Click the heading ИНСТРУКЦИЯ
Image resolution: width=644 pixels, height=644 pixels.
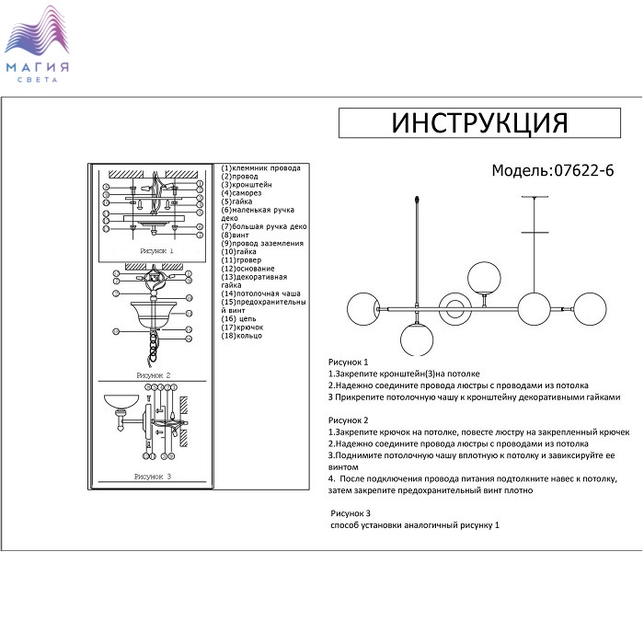coord(480,122)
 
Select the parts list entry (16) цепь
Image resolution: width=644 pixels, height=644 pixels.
coord(240,318)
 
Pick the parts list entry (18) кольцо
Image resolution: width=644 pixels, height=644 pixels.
coord(242,336)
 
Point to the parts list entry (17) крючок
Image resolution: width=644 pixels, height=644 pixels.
coord(243,328)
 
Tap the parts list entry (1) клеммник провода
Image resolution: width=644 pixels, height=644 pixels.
coord(261,168)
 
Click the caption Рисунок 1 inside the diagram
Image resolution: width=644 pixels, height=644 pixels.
coord(156,250)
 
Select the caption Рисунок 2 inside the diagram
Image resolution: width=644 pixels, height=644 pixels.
coord(154,375)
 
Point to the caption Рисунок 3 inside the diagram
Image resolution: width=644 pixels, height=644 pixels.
coord(153,477)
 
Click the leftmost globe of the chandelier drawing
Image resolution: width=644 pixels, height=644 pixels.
coord(361,309)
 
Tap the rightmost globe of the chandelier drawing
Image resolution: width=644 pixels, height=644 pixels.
coord(593,309)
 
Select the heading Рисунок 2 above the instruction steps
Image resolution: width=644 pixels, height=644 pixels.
coord(348,420)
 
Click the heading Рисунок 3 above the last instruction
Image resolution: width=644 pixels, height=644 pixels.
coord(350,512)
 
